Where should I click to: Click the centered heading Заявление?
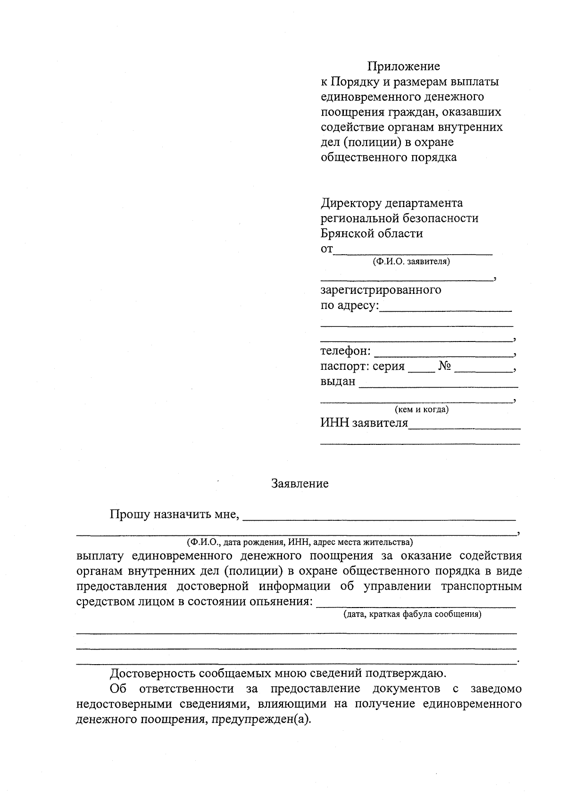[300, 483]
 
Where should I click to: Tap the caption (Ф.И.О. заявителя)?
[411, 261]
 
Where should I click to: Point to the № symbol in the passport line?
[445, 366]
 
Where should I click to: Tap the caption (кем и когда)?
[422, 409]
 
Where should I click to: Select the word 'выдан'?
[338, 381]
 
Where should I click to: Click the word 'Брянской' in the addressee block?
[348, 233]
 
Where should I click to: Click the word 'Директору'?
[351, 203]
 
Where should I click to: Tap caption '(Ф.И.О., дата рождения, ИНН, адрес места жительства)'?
[300, 542]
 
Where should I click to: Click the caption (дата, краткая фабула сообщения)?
[412, 614]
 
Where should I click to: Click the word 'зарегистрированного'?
[381, 289]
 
